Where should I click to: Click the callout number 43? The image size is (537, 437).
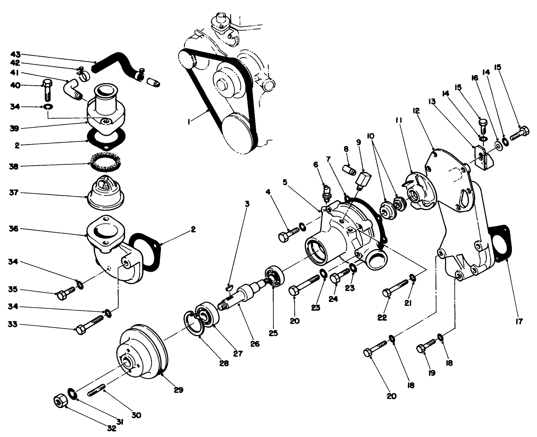click(x=16, y=55)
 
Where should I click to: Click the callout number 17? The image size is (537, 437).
click(x=519, y=321)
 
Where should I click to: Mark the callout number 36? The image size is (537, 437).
click(x=16, y=228)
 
